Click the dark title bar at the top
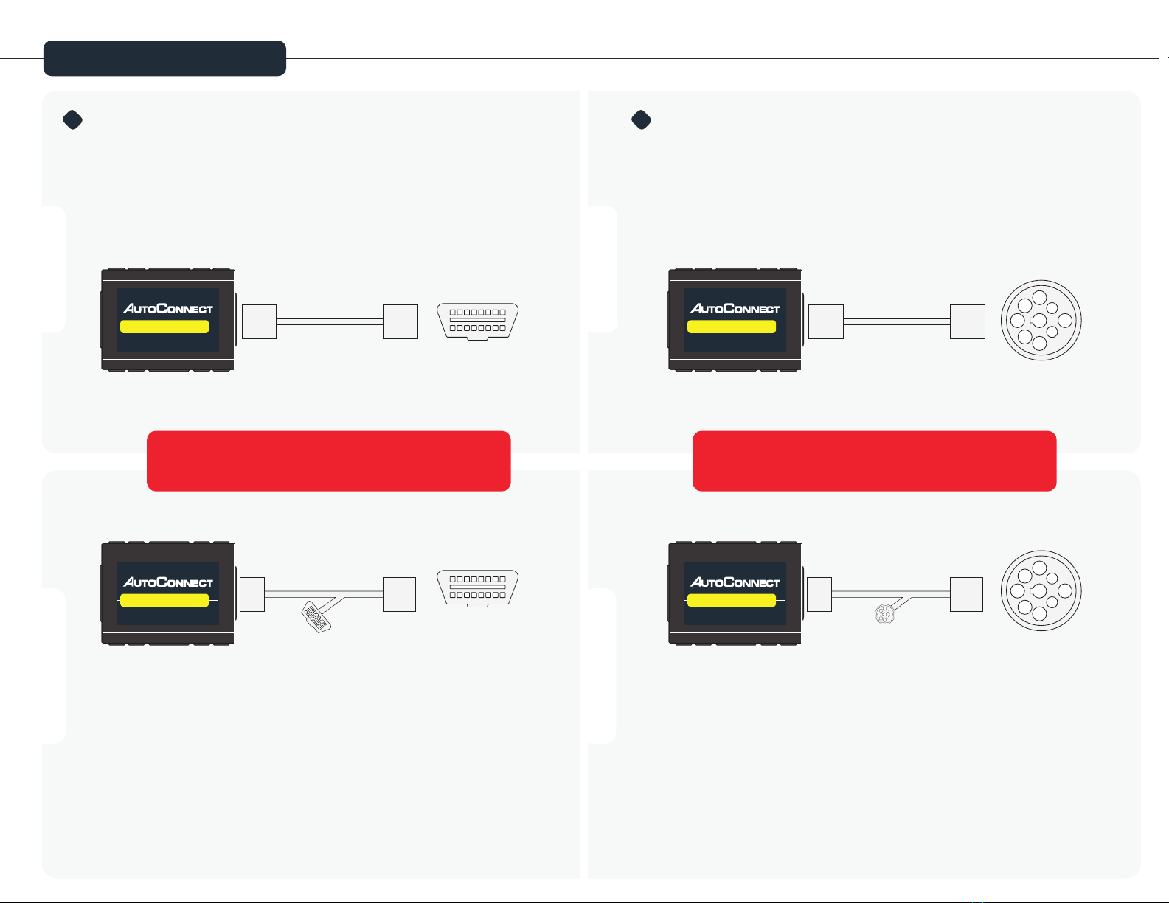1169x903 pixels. (x=164, y=58)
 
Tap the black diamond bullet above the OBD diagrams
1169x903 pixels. (x=72, y=119)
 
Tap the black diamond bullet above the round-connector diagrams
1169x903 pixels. (x=642, y=119)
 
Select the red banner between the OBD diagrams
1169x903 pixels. (x=328, y=461)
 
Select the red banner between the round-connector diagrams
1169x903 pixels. (x=874, y=461)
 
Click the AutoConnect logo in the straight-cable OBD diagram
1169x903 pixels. (x=168, y=308)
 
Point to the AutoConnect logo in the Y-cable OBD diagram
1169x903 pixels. (x=168, y=582)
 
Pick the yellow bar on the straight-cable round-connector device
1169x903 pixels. (x=731, y=327)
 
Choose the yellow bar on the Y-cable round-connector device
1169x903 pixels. (x=731, y=600)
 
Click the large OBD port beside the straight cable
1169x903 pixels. (x=477, y=321)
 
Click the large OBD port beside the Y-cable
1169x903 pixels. (x=477, y=588)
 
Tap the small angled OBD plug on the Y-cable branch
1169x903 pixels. (x=316, y=617)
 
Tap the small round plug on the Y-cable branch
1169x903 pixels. (x=883, y=614)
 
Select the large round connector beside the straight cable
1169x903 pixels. (x=1041, y=321)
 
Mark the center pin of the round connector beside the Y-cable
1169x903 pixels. (x=1039, y=591)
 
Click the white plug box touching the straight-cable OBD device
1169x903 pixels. (x=259, y=321)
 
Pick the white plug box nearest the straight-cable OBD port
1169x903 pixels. (x=400, y=321)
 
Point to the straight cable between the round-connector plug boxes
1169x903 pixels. (x=896, y=321)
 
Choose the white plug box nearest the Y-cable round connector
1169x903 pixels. (x=966, y=594)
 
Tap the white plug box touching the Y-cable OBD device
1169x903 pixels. (x=252, y=594)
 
